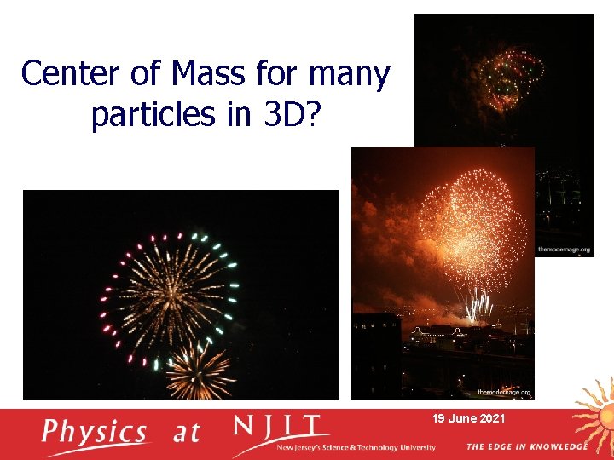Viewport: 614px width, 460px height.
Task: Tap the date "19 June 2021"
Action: pyautogui.click(x=468, y=419)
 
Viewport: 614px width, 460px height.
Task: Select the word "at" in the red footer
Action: pyautogui.click(x=186, y=433)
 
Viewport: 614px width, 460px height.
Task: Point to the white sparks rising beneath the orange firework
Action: pyautogui.click(x=478, y=305)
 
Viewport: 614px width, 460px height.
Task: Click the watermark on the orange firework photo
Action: pyautogui.click(x=504, y=393)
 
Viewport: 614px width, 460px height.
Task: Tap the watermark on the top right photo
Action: pyautogui.click(x=564, y=250)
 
